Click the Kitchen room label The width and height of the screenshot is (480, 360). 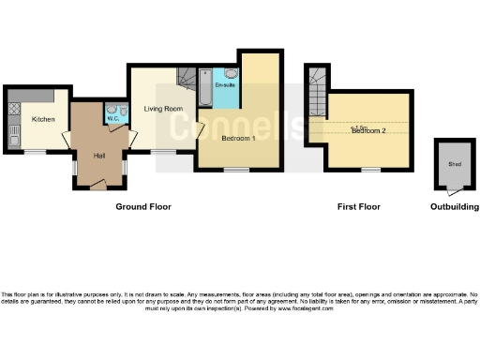point(43,120)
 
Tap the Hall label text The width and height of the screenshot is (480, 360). point(98,156)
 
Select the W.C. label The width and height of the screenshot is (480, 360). point(112,119)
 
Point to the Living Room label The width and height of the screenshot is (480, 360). point(161,109)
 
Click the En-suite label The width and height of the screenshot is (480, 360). point(225,86)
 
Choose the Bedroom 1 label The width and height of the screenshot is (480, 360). point(238,139)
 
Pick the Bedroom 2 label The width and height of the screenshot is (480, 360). point(368,130)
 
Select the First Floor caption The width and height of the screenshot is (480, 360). point(358,206)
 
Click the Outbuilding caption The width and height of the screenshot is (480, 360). point(454,206)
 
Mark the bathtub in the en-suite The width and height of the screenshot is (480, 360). point(204,92)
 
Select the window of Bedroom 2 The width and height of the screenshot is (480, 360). point(372,171)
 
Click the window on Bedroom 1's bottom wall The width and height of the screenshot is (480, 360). point(236,171)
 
